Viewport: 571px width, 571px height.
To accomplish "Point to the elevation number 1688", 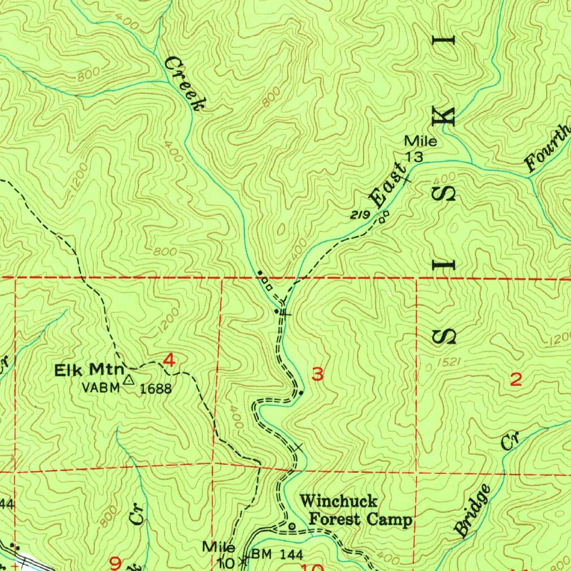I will click(x=156, y=388).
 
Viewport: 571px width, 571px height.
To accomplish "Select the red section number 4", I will click(x=169, y=362).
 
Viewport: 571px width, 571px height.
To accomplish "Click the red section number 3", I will click(x=317, y=375).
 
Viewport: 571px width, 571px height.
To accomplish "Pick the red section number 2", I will click(x=516, y=380).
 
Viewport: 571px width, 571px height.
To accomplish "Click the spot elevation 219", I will click(x=361, y=215).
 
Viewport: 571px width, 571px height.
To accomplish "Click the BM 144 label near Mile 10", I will click(x=277, y=555).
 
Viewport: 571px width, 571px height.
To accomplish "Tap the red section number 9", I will click(x=115, y=564).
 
